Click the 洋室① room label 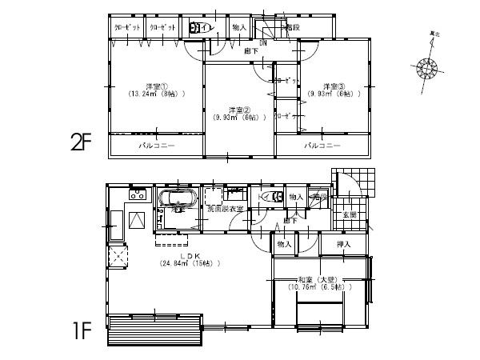155,86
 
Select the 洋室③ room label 333,86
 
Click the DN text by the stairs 263,42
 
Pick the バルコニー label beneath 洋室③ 322,146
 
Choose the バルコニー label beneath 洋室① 154,146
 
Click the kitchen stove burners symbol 137,194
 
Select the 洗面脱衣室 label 226,209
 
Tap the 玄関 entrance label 349,215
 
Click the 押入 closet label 340,242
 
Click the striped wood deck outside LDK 154,327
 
